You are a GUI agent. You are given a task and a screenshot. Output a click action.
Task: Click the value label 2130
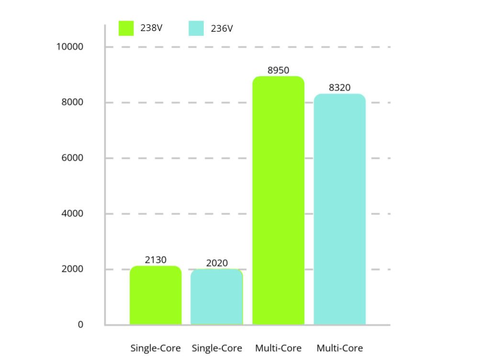click(x=156, y=260)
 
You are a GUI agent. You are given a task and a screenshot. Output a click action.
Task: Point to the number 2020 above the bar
click(x=217, y=263)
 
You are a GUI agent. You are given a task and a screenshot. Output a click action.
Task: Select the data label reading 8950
click(x=278, y=70)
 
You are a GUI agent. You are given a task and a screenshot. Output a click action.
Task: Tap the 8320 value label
click(x=340, y=88)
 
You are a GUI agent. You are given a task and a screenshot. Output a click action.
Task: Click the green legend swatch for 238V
click(x=126, y=28)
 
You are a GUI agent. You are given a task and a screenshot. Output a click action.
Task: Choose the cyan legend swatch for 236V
click(x=196, y=28)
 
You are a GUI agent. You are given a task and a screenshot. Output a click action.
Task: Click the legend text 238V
click(x=152, y=28)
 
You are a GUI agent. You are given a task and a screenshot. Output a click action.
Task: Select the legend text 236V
click(x=222, y=29)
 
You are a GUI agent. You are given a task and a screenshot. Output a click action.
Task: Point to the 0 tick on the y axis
click(x=80, y=325)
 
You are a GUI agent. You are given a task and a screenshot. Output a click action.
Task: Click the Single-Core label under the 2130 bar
click(x=156, y=348)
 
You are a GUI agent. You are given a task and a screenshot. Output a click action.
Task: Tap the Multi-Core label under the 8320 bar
click(x=340, y=348)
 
